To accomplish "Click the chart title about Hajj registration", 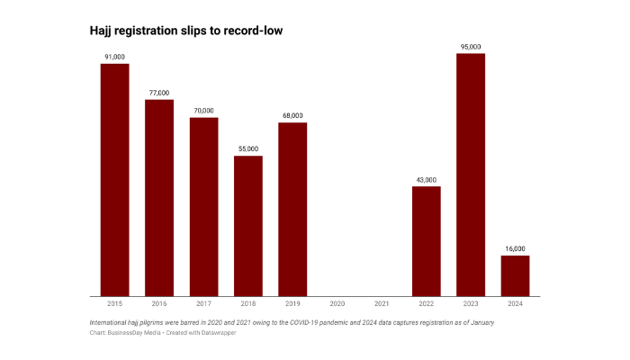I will pos(187,31).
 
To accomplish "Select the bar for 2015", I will pos(114,179).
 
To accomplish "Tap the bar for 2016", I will pos(159,197).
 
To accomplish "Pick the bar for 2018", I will pos(248,225).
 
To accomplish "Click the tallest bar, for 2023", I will pos(471,175).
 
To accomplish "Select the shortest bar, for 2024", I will pos(515,275).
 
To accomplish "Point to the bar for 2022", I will pos(426,240).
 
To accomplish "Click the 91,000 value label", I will pos(114,56).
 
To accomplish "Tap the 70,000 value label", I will pos(203,110).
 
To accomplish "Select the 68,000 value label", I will pos(292,114).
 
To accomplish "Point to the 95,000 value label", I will pos(471,46).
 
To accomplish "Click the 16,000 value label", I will pos(515,247).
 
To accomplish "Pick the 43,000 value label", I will pos(426,178).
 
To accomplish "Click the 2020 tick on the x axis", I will pos(337,305).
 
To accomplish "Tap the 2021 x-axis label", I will pos(382,305).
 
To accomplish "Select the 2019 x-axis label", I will pos(292,305).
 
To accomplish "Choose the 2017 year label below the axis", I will pos(203,305).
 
